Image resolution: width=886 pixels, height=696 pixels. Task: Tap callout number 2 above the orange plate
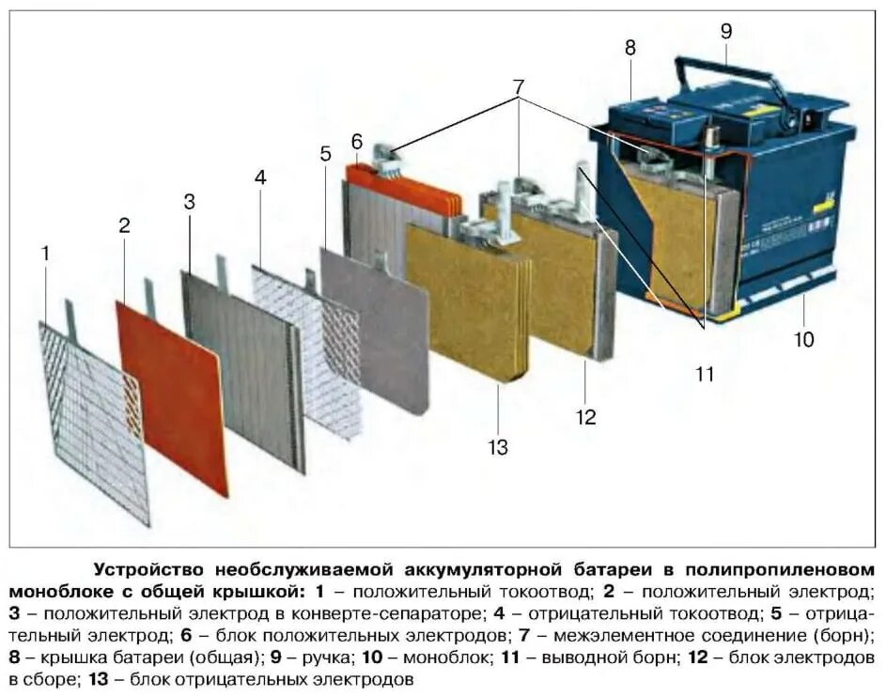(x=123, y=225)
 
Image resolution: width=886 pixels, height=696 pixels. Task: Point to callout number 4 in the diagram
(x=260, y=177)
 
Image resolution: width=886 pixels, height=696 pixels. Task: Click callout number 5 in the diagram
(x=325, y=154)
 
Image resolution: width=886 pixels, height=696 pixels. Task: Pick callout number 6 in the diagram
(x=356, y=142)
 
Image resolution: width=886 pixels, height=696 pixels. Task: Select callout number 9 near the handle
(x=725, y=31)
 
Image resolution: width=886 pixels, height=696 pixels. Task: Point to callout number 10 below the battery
(x=803, y=338)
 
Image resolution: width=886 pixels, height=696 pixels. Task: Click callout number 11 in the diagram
(x=705, y=374)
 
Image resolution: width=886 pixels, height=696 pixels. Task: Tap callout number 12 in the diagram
(x=586, y=416)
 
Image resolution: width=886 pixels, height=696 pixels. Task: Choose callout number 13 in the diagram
(x=498, y=447)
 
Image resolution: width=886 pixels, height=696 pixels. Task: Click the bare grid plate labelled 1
(x=94, y=423)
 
